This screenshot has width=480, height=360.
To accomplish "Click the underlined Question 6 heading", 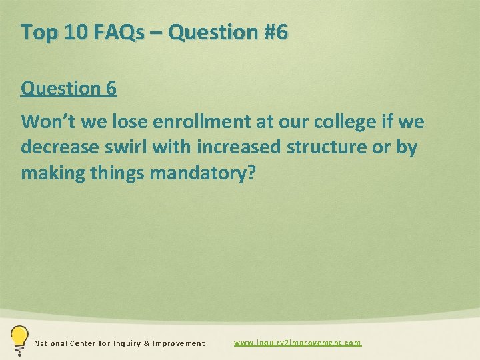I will coord(69,88).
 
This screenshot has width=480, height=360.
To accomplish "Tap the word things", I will coord(118,173).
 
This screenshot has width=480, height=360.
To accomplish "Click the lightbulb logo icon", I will coord(18,339).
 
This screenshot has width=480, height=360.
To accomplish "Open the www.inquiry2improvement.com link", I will coord(297,343).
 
